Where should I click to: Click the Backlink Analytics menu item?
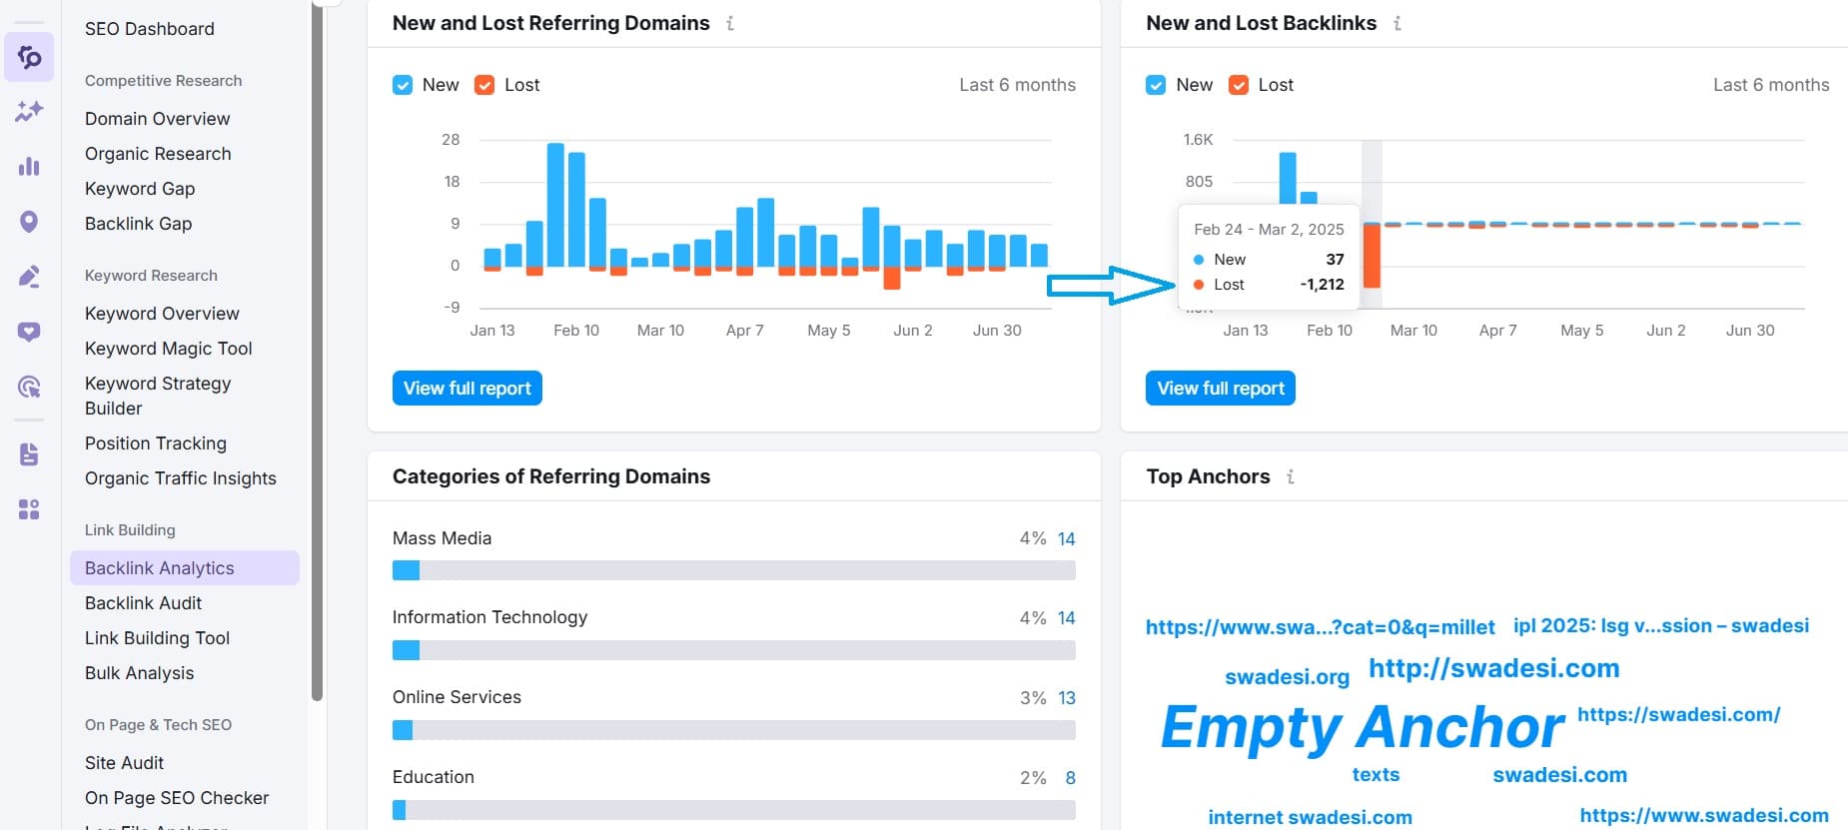(x=160, y=567)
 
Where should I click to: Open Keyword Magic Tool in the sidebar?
(x=168, y=348)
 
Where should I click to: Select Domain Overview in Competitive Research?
(x=157, y=118)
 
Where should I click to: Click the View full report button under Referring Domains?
(x=466, y=389)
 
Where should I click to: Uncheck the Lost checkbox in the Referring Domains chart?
(x=484, y=85)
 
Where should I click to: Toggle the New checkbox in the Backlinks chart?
(x=1156, y=85)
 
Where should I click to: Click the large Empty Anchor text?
(x=1362, y=726)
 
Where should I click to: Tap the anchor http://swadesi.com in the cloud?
(x=1493, y=668)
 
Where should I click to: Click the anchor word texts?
(x=1376, y=774)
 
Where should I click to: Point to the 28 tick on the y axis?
(x=451, y=140)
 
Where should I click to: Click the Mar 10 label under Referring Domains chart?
(x=660, y=330)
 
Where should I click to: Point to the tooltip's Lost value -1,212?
(x=1322, y=285)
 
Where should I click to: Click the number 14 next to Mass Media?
(x=1066, y=538)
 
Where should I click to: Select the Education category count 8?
(x=1070, y=777)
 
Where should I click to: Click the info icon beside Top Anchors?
(x=1291, y=476)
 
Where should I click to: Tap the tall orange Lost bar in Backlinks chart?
(x=1372, y=256)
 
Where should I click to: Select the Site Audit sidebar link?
(x=124, y=762)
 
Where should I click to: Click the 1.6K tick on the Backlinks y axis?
(x=1198, y=140)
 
